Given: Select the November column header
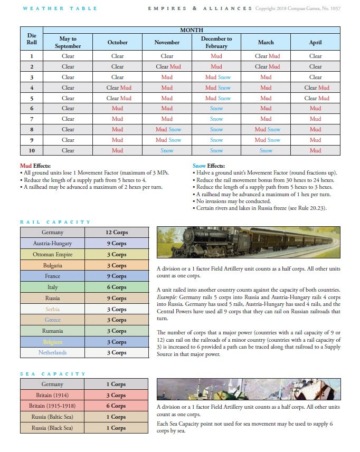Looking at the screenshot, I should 167,42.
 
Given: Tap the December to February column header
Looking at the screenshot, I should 216,42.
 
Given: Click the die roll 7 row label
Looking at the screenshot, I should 32,119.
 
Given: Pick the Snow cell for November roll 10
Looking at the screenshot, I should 167,150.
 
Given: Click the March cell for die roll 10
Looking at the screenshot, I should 266,150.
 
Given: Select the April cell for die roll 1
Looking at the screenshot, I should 315,56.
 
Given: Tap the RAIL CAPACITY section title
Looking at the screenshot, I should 55,222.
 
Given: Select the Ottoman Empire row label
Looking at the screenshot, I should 52,254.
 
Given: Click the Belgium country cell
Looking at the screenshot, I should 52,342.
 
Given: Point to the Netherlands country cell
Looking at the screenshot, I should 52,352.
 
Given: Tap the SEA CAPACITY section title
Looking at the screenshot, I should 53,374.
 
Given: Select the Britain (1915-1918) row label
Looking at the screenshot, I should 52,406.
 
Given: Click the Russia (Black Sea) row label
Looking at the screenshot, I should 52,428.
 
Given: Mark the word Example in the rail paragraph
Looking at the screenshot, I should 168,296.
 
